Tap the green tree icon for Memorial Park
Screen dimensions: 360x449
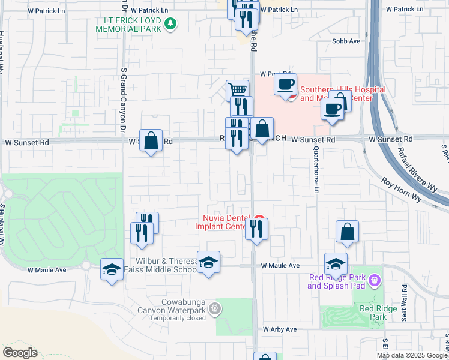click(x=172, y=23)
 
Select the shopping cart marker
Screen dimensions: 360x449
click(x=238, y=90)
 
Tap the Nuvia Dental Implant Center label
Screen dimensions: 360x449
click(x=221, y=222)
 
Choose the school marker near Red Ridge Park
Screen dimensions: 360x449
click(x=336, y=263)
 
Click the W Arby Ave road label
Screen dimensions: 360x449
click(x=280, y=330)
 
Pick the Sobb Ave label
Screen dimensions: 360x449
click(x=346, y=41)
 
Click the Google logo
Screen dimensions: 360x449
click(x=20, y=353)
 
